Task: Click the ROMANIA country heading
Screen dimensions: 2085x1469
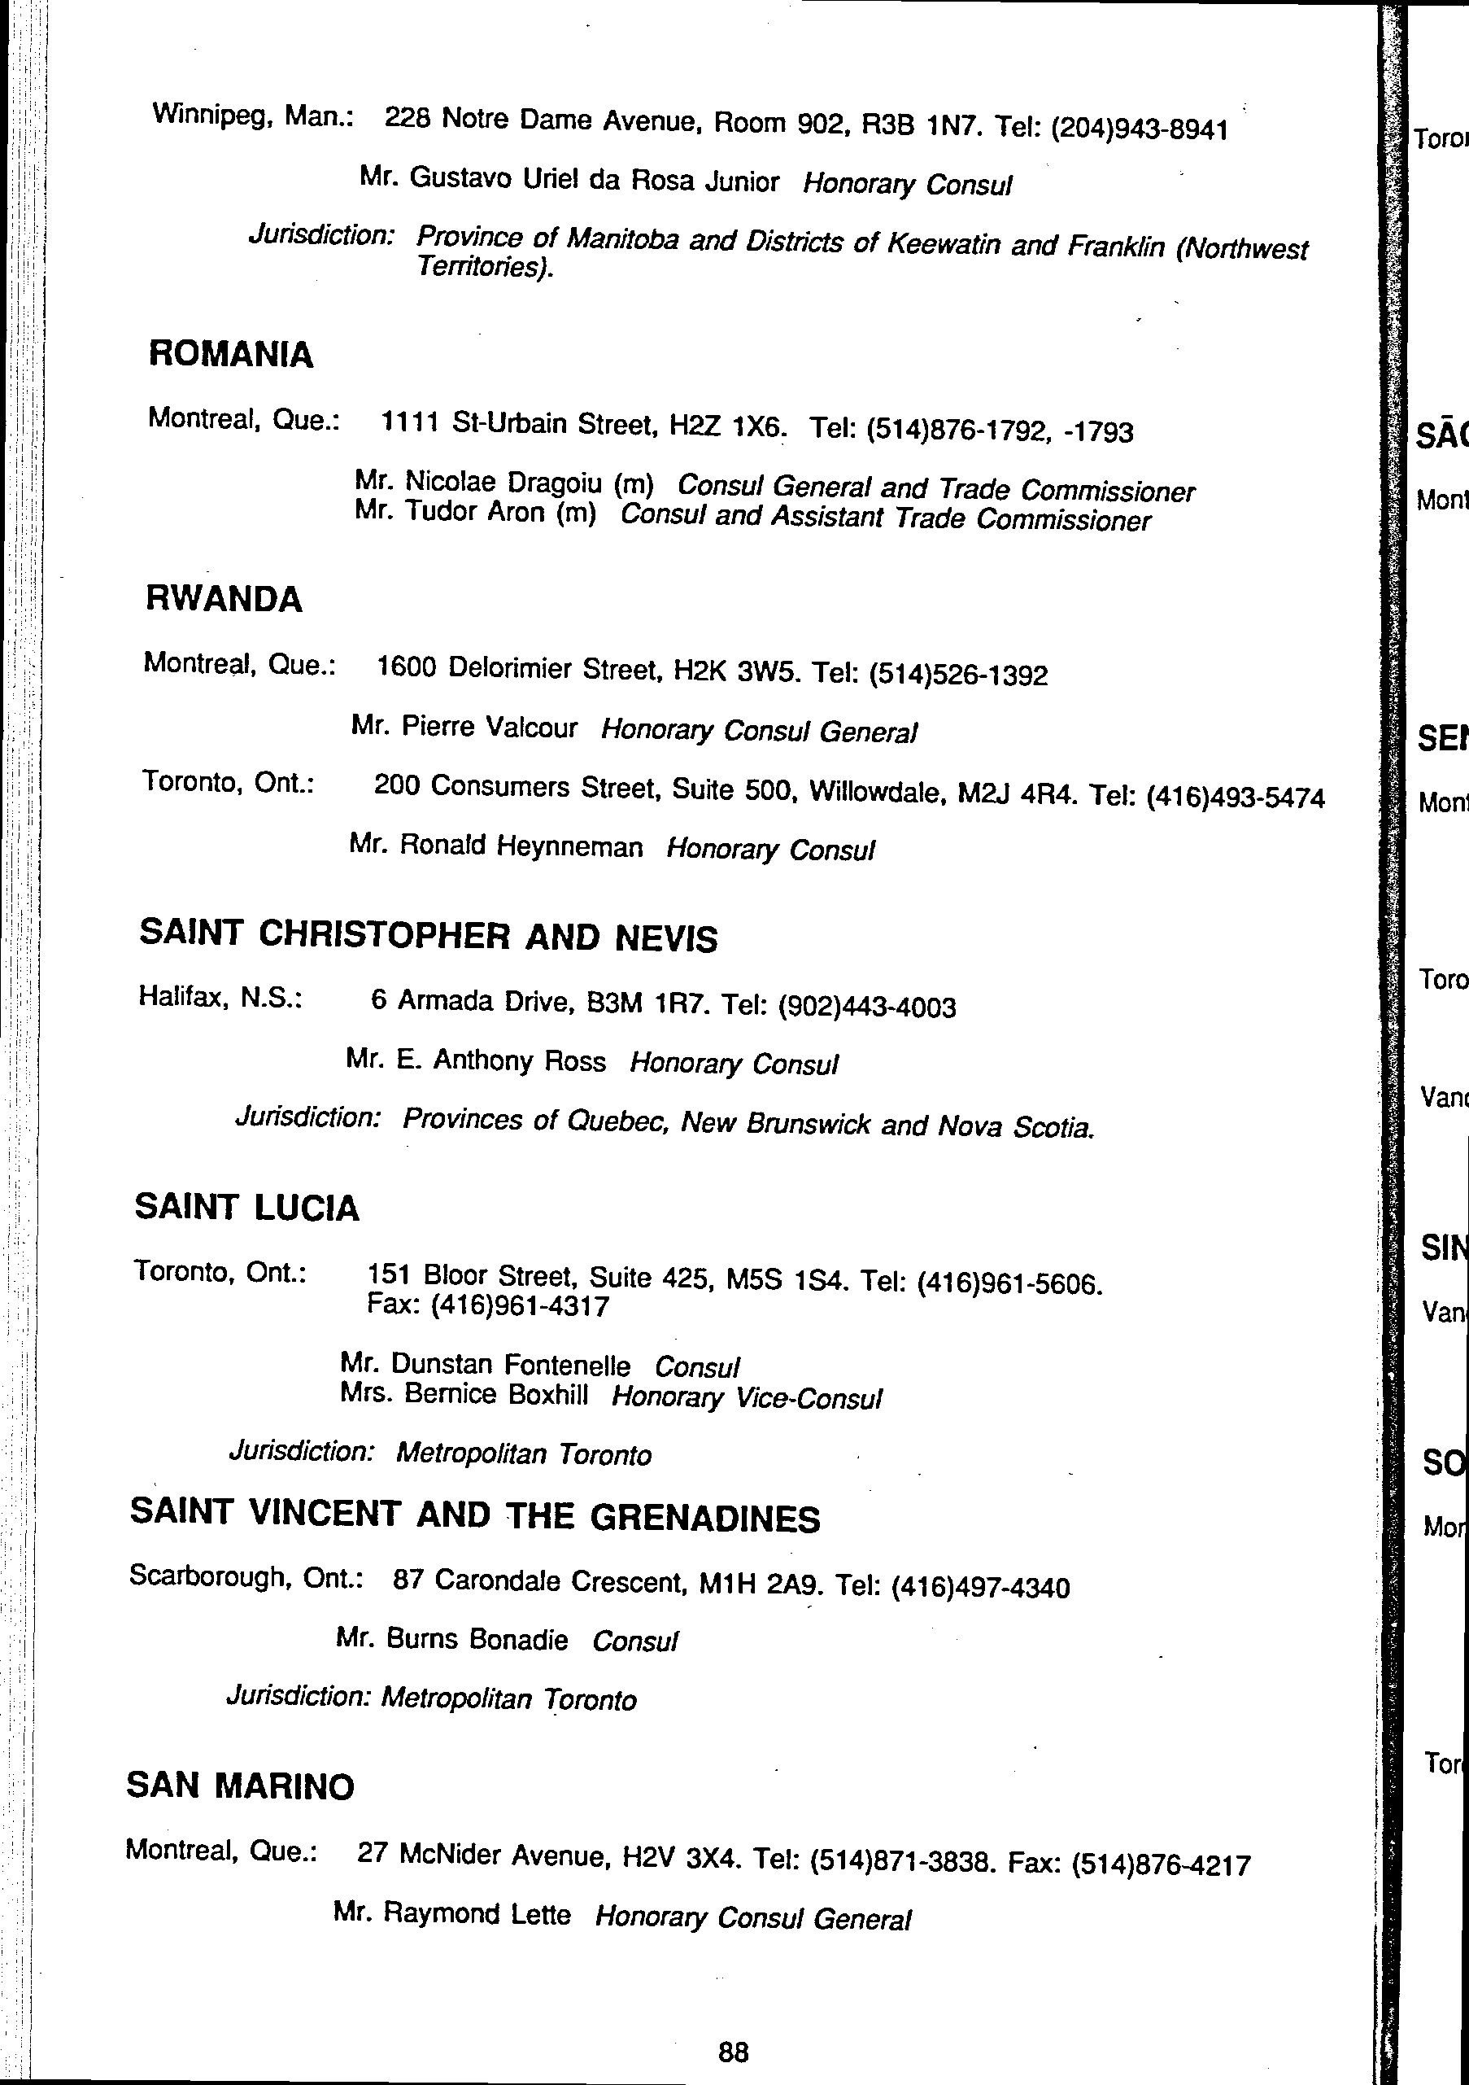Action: [231, 354]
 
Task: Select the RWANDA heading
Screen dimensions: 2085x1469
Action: [224, 599]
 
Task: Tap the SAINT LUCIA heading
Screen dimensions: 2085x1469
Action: [247, 1208]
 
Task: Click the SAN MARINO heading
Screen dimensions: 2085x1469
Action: [240, 1786]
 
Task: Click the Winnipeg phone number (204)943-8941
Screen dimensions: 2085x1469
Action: [1140, 129]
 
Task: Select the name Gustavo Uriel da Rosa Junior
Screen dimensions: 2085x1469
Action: [594, 180]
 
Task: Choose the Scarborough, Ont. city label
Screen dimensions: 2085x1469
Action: [246, 1576]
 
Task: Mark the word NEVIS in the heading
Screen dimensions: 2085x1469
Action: [666, 939]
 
